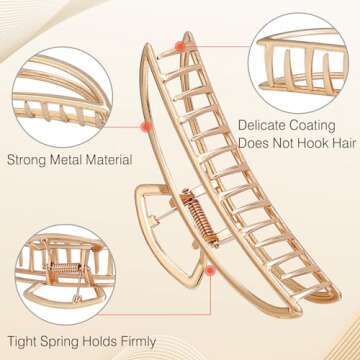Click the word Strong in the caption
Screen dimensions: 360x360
pyautogui.click(x=29, y=158)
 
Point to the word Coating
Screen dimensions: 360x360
pyautogui.click(x=317, y=126)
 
